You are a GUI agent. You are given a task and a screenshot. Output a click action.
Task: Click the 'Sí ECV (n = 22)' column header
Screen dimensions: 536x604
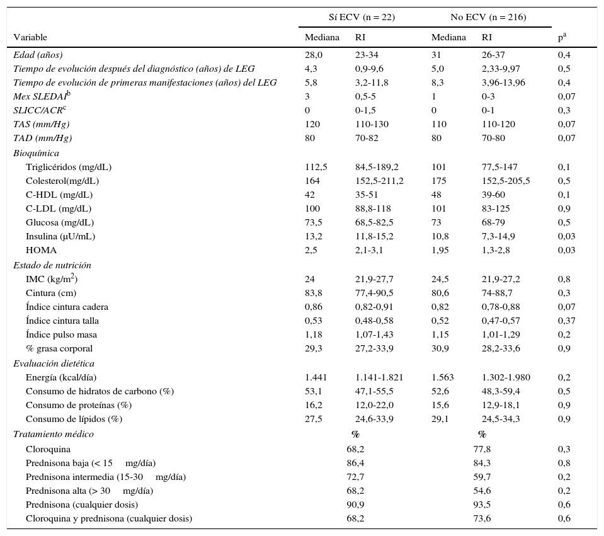click(x=362, y=17)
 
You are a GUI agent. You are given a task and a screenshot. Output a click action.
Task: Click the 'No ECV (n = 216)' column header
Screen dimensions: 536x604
click(x=487, y=17)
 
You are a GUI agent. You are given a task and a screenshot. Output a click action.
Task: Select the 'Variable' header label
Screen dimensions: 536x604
click(x=30, y=38)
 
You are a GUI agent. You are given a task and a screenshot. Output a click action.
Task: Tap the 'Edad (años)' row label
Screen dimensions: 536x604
click(x=38, y=55)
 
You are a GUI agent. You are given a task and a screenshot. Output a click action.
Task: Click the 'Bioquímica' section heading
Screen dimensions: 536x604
click(x=36, y=153)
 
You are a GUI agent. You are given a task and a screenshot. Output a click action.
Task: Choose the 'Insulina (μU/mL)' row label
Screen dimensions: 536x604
click(x=60, y=236)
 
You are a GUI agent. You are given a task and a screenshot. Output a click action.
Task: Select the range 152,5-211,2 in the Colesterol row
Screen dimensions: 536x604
click(x=379, y=181)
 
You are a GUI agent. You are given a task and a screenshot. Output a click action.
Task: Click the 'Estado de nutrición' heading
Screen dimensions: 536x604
click(x=52, y=265)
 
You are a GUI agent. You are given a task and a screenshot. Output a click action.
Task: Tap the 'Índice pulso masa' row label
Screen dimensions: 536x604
click(x=61, y=334)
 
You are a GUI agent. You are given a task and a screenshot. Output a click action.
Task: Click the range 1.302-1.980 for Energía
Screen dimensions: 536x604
click(x=506, y=377)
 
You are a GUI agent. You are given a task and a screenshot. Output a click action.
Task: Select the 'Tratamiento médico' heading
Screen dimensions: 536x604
click(x=53, y=434)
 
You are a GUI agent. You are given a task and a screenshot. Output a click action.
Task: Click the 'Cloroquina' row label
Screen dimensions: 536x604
click(x=48, y=449)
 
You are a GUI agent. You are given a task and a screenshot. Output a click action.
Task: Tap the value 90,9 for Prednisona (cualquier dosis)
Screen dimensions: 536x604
click(x=355, y=505)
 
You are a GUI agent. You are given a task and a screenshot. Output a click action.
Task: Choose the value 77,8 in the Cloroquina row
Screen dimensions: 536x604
click(x=482, y=449)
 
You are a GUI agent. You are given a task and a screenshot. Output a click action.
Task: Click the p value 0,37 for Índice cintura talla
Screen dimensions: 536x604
click(x=566, y=321)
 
